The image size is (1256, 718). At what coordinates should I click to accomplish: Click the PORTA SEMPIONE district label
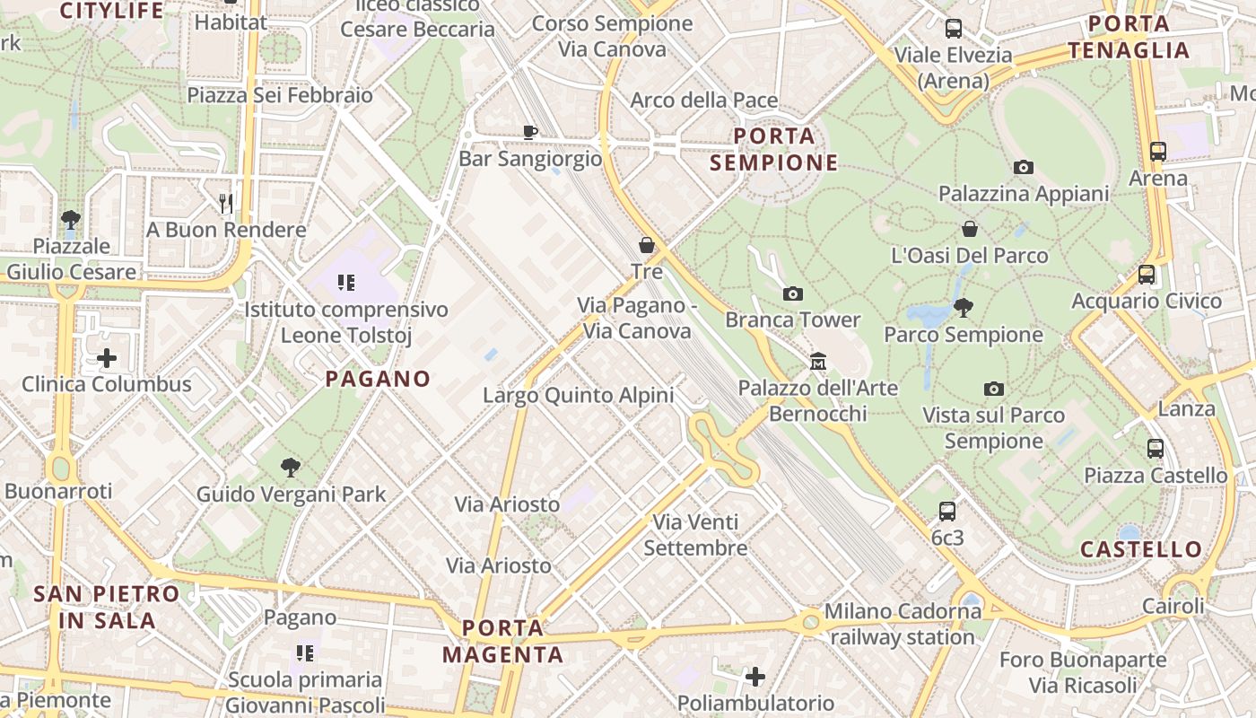[x=774, y=149]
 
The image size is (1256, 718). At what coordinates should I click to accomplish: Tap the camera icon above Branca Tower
[x=792, y=294]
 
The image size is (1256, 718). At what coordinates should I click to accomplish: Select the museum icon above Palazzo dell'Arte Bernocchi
[x=817, y=362]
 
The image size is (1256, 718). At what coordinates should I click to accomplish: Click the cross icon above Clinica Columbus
[x=107, y=359]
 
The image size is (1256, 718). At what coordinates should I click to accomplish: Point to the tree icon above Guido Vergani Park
[x=290, y=468]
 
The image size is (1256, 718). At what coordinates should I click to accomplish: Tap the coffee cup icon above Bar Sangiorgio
[x=530, y=132]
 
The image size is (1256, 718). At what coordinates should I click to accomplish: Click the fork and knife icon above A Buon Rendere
[x=226, y=204]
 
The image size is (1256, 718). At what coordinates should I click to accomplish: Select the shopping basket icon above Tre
[x=646, y=245]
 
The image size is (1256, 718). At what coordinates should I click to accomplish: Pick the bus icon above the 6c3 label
[x=946, y=512]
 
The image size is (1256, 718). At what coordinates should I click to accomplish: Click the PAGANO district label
[x=378, y=379]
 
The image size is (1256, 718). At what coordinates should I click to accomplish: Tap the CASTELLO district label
[x=1141, y=549]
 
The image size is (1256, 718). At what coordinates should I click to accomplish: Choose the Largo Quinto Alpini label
[x=578, y=395]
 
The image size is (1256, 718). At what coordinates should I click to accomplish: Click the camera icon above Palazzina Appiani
[x=1023, y=168]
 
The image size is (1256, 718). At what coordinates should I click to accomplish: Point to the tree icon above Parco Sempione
[x=964, y=309]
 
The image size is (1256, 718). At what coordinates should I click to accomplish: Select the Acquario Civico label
[x=1147, y=301]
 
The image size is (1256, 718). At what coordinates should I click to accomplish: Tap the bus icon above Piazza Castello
[x=1156, y=449]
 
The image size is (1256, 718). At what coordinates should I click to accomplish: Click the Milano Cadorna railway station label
[x=903, y=625]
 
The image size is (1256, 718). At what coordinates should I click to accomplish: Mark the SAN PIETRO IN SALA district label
[x=107, y=607]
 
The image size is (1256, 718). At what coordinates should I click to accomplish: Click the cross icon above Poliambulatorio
[x=755, y=676]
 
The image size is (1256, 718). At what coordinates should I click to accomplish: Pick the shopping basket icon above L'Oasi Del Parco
[x=969, y=229]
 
